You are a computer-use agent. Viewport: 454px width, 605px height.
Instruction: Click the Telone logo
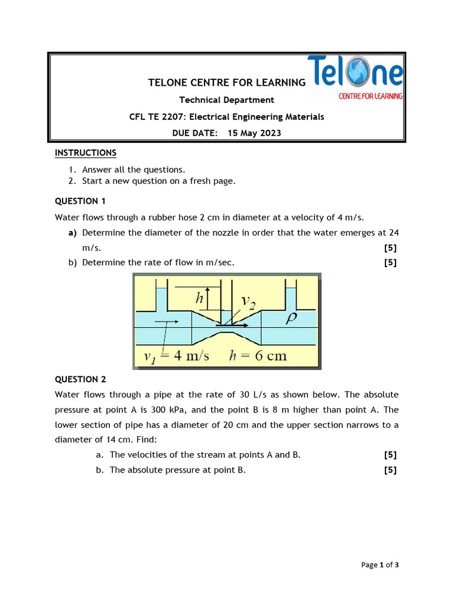355,77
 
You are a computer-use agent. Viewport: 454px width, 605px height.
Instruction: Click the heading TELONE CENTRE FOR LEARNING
226,83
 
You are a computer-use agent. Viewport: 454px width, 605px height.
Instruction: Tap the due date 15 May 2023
254,133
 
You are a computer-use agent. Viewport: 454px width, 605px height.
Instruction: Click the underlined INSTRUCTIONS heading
86,153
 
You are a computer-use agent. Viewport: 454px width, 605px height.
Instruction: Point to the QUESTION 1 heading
80,201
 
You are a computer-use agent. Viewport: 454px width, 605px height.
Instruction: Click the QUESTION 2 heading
80,379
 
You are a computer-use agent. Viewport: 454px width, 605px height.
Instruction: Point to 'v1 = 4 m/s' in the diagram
177,356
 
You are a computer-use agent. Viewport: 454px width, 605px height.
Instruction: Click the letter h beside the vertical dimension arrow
199,299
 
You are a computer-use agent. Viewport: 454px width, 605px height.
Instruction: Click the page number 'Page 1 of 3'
380,565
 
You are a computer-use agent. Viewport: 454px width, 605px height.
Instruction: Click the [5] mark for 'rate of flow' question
390,262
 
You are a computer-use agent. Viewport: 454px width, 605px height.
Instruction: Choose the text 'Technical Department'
226,100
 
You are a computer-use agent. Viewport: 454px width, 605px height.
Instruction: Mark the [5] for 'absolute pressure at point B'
390,470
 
